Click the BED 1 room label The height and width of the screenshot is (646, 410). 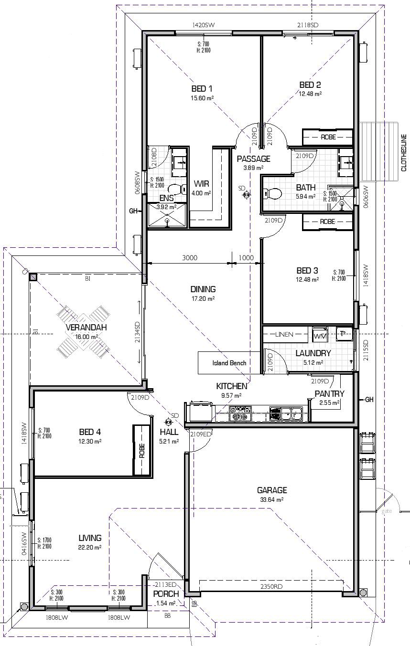coord(202,89)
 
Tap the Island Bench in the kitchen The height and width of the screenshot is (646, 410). coord(229,363)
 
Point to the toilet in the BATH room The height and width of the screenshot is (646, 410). coord(273,193)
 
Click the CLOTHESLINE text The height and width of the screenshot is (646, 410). coord(404,153)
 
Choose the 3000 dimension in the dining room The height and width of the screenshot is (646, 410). coord(190,258)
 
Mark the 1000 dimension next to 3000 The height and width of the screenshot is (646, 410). coord(246,258)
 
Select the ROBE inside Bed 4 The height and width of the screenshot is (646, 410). coord(142,450)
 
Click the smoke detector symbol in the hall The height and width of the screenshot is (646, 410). coord(168,422)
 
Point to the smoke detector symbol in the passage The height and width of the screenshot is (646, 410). coord(246,194)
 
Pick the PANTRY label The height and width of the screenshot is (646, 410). coord(329,394)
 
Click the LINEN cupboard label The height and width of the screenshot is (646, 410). coord(284,335)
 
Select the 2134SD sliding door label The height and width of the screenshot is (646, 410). coord(137,329)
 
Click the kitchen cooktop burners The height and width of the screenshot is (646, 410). coord(240,413)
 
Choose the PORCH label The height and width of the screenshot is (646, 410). coord(166,594)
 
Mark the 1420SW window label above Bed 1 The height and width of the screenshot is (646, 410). coord(203,25)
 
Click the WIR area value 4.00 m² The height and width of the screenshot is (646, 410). coord(201,193)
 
